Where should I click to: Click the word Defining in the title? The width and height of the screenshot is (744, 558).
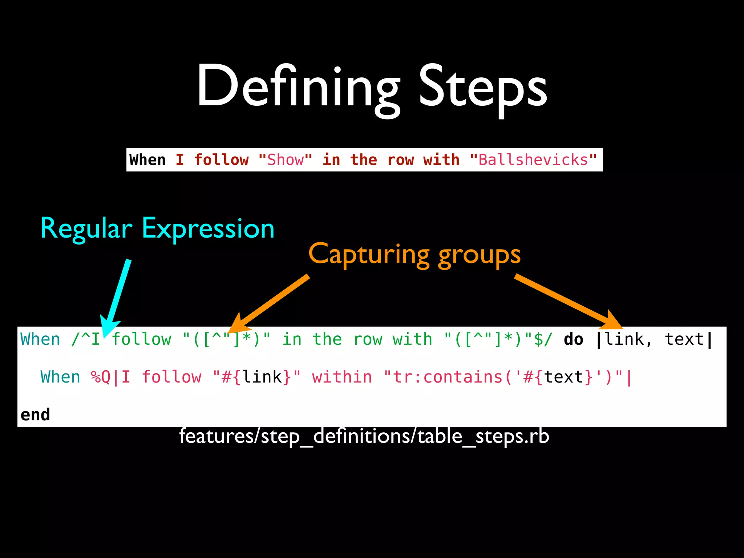298,87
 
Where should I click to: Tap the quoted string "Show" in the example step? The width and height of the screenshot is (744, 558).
285,160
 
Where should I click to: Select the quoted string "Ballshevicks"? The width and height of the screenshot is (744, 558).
533,160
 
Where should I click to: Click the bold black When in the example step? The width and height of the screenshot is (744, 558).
147,160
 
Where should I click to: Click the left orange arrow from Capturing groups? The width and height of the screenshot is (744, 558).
271,302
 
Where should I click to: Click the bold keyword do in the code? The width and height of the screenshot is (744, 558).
573,339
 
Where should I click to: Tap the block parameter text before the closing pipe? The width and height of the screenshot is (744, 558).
684,339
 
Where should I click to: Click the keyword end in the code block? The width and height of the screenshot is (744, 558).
35,415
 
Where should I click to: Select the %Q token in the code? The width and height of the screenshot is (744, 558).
100,377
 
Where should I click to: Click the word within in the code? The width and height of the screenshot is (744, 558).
342,377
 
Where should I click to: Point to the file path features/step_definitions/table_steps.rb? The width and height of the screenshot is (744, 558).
364,436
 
